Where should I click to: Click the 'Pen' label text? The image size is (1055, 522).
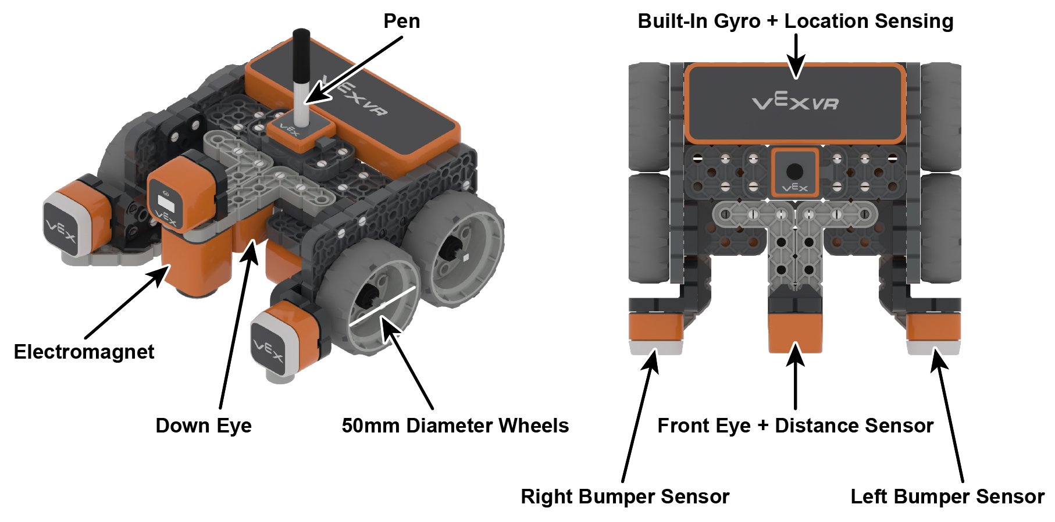coord(401,22)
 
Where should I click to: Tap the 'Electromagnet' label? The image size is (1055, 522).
coord(84,352)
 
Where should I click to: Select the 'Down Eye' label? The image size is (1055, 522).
coord(204,426)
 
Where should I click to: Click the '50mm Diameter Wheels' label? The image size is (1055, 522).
coord(455,426)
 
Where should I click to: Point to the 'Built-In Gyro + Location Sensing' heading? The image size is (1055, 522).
coord(795,22)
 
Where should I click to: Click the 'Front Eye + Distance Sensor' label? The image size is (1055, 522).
coord(795,426)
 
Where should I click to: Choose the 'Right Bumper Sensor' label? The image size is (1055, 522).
coord(625,496)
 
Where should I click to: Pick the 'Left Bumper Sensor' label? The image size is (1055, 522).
coord(947,496)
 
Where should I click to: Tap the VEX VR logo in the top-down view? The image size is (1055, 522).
coord(795,103)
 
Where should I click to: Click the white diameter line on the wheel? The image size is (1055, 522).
coord(383,306)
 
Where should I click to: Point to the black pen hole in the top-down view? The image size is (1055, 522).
coord(794,171)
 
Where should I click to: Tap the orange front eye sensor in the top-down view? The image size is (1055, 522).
coord(795,331)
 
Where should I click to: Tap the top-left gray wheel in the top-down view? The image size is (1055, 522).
coord(648,116)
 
